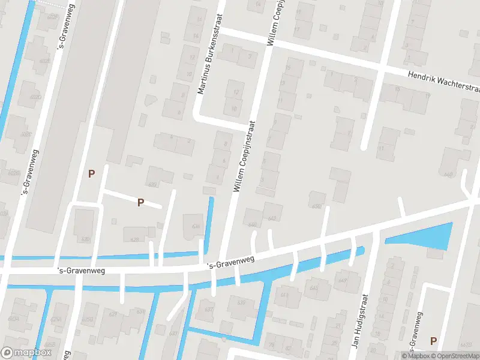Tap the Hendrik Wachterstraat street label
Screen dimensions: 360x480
tap(443, 82)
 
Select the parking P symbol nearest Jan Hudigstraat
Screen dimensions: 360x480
tap(433, 341)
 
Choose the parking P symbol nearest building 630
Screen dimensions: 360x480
tap(140, 202)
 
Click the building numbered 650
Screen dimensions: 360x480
tap(317, 200)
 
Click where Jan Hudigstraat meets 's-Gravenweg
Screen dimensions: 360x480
tap(374, 232)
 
